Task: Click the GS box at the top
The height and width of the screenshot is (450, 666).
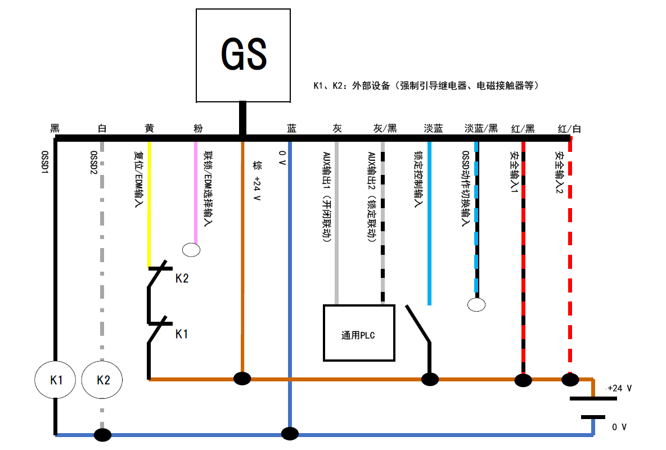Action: (244, 55)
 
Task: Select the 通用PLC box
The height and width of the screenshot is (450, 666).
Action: (359, 332)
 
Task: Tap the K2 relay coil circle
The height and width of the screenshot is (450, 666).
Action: (103, 380)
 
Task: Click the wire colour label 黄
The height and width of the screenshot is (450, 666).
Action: (149, 128)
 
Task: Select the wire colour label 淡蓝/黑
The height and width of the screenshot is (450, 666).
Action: (481, 128)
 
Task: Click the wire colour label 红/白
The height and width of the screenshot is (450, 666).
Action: (569, 128)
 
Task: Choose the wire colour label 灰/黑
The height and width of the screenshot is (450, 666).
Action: (385, 128)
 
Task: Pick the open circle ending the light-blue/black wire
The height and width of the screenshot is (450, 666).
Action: (477, 305)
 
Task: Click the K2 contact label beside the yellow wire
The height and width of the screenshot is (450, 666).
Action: (182, 278)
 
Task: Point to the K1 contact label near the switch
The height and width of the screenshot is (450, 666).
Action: (182, 334)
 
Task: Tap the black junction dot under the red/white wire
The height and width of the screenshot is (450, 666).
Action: (570, 380)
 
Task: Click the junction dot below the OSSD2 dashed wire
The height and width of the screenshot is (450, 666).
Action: (102, 435)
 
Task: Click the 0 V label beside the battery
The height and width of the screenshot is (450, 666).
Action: (619, 427)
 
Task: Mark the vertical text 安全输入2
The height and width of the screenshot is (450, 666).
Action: (559, 172)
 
